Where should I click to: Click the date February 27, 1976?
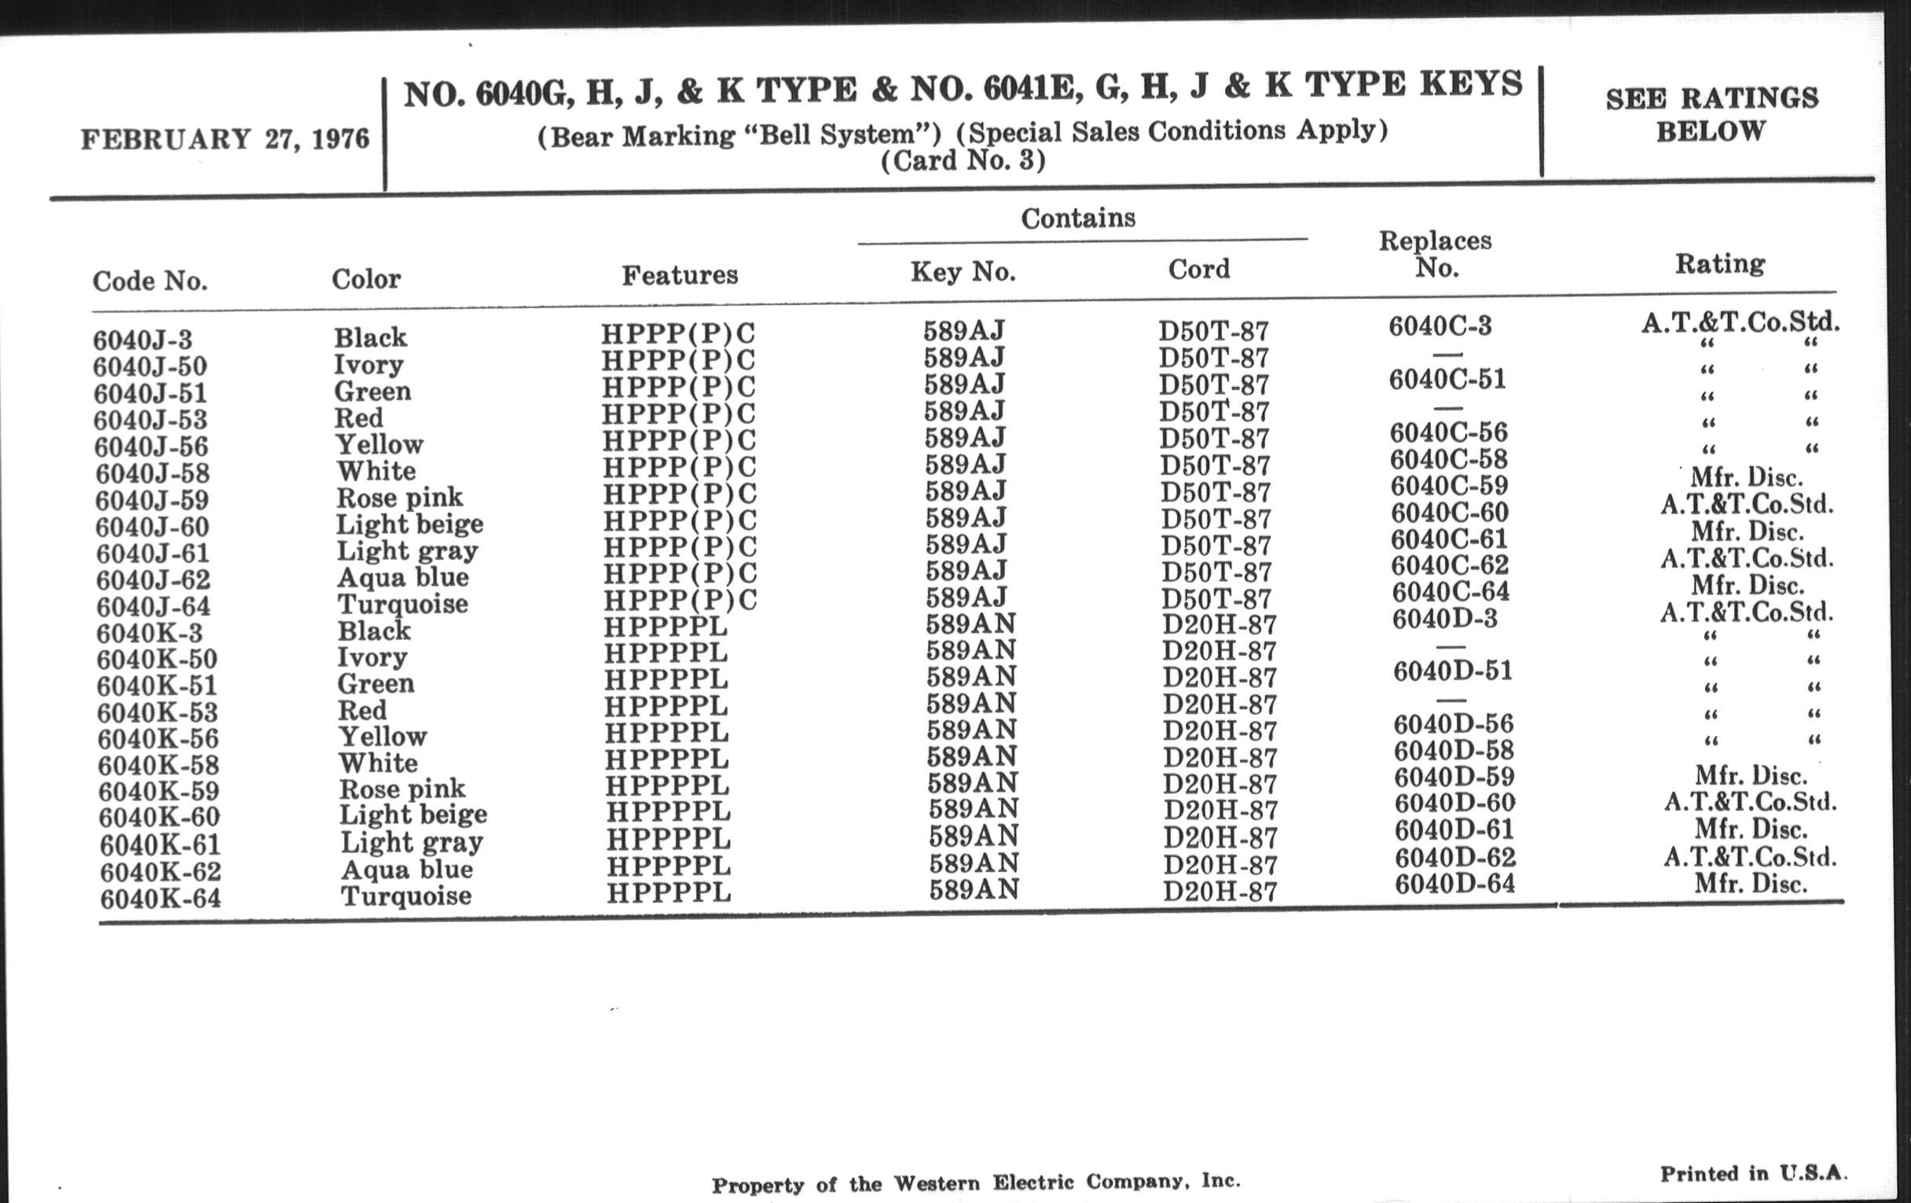(225, 140)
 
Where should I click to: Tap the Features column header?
(680, 274)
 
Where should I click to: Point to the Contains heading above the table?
(1078, 219)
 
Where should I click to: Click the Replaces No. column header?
(1436, 254)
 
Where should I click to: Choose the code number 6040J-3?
(143, 340)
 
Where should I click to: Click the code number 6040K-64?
(160, 899)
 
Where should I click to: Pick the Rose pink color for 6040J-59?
(399, 498)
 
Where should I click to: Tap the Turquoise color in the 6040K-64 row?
(405, 896)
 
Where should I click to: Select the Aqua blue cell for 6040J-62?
(402, 577)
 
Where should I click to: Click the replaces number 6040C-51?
(1447, 380)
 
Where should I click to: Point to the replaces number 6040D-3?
(1444, 619)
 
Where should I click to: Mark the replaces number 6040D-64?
(1454, 884)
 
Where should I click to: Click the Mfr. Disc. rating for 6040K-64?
(1751, 884)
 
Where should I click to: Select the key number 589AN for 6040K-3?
(970, 625)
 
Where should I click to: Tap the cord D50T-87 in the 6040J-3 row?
(1213, 331)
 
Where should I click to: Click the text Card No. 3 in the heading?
(963, 161)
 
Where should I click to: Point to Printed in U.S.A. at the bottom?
(1754, 1174)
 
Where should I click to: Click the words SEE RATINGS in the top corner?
(1711, 98)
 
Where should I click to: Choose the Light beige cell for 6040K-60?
(413, 815)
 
